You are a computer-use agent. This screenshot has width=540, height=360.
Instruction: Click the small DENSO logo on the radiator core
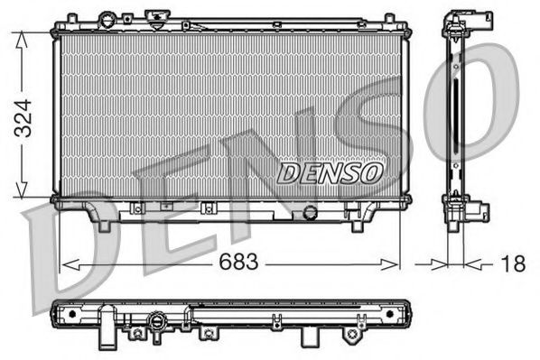[x=330, y=171]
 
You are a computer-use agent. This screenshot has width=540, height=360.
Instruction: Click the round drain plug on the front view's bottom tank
[x=312, y=212]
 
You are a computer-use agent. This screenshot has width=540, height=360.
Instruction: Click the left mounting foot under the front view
[x=103, y=222]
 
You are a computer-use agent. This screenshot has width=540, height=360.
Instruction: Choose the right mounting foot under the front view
[x=368, y=222]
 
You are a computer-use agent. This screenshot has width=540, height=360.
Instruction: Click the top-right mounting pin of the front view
[x=389, y=19]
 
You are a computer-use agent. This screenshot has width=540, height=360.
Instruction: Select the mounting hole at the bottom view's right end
[x=391, y=314]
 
